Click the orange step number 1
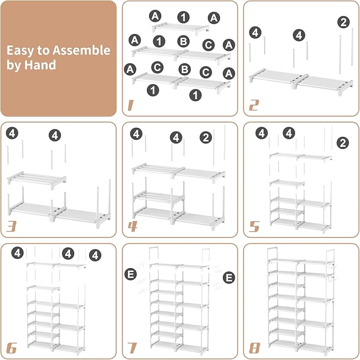coord(130,106)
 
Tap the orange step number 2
coord(253,106)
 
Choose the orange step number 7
coord(132,348)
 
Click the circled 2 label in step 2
coord(344,22)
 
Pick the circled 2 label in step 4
coord(206,137)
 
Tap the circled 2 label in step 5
coord(343,143)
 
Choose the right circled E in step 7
coord(229,276)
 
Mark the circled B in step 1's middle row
coord(183,41)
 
